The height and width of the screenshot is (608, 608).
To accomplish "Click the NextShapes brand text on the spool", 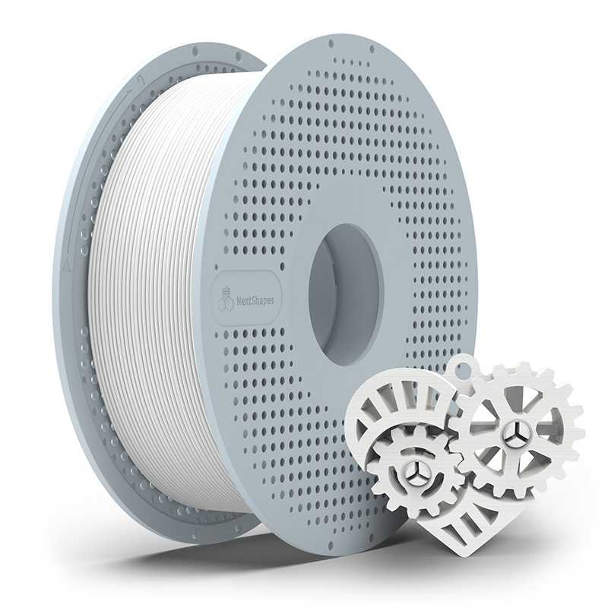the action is (x=255, y=300).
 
